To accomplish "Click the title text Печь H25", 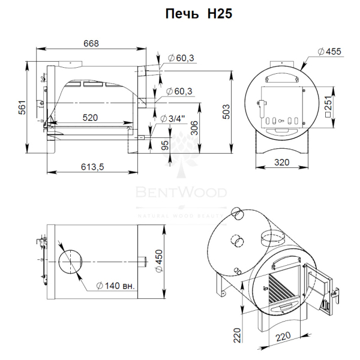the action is click(199, 14).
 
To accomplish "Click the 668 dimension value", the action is click(91, 43).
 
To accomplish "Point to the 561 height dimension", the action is click(22, 107).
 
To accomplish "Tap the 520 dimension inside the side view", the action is click(90, 118).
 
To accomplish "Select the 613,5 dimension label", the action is click(92, 167).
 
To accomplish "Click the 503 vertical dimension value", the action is click(226, 112).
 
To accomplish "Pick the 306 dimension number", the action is click(194, 128).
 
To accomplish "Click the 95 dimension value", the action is click(165, 145).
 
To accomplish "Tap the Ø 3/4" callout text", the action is click(173, 119).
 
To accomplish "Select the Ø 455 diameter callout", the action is click(329, 52).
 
